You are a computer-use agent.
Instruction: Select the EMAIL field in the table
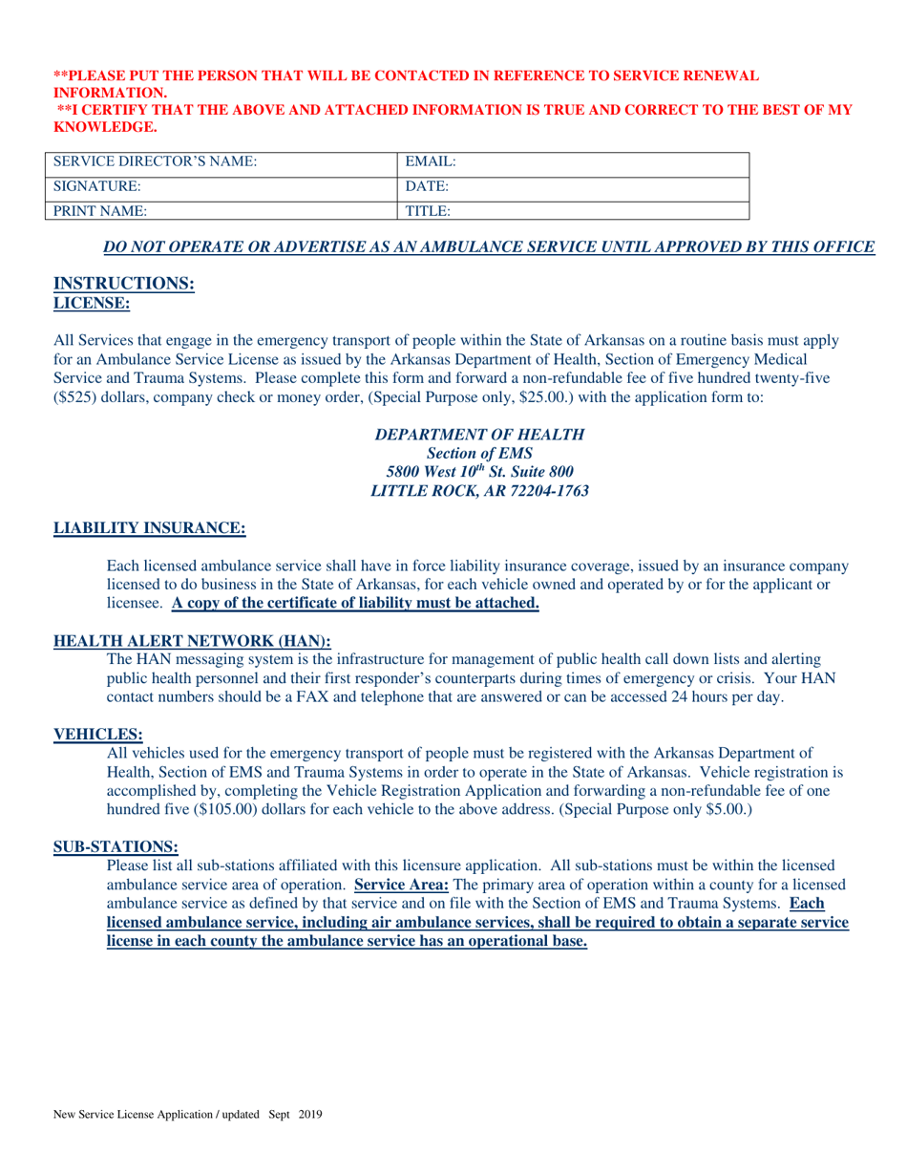pyautogui.click(x=573, y=162)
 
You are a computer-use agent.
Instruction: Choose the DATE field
pyautogui.click(x=573, y=186)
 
